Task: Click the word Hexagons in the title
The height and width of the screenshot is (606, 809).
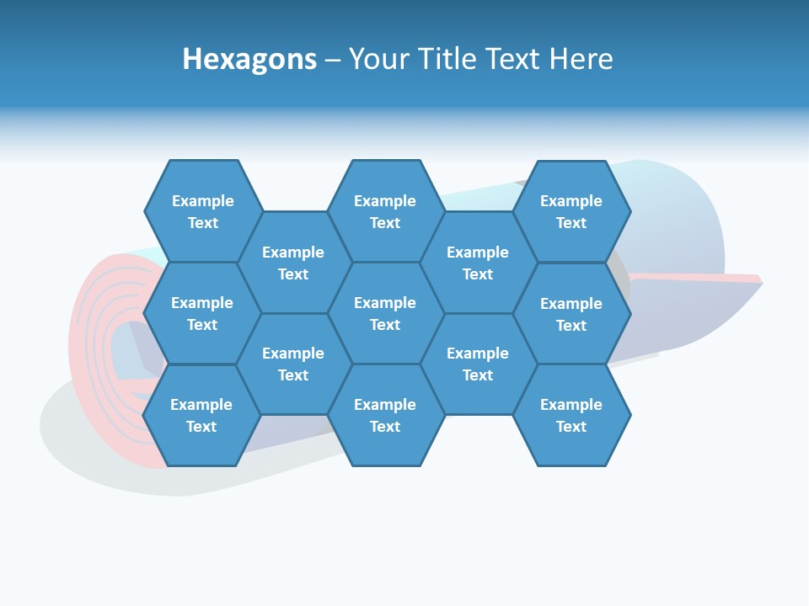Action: click(249, 59)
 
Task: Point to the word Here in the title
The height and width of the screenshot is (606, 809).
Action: click(581, 59)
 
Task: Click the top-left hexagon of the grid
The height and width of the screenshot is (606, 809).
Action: click(203, 211)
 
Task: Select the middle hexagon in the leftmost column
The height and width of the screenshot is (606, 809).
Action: click(202, 313)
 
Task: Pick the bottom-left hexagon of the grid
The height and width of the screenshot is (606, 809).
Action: click(201, 415)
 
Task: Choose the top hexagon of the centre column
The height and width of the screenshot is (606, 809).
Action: click(385, 211)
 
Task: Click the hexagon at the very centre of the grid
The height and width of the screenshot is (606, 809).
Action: click(385, 313)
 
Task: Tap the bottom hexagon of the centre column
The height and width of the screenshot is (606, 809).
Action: click(385, 415)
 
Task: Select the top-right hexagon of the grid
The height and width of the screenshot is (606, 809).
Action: click(571, 211)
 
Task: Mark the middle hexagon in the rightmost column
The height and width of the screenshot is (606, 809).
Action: click(571, 314)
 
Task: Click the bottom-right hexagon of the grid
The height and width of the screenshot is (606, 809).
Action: click(571, 415)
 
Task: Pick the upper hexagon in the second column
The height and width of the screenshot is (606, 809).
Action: click(293, 263)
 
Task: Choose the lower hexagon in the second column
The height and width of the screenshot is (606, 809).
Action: click(293, 364)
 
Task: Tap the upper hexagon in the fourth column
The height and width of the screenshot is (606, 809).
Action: click(478, 263)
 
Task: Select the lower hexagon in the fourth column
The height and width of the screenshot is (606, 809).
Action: click(478, 364)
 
